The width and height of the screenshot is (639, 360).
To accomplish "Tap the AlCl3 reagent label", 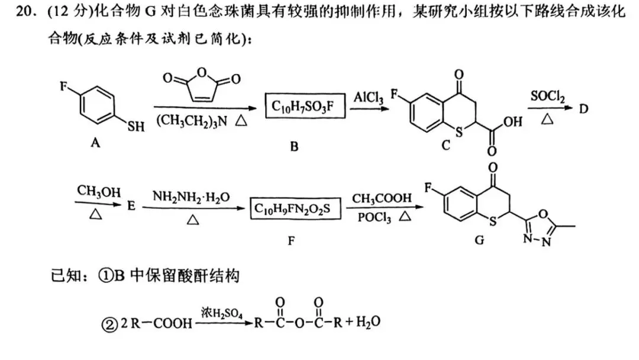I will tap(367, 97).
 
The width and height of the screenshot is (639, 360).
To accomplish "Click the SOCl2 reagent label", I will tap(547, 97).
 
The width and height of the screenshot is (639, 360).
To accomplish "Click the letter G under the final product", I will tap(479, 239).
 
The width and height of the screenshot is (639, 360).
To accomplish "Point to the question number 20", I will tap(23, 12).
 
